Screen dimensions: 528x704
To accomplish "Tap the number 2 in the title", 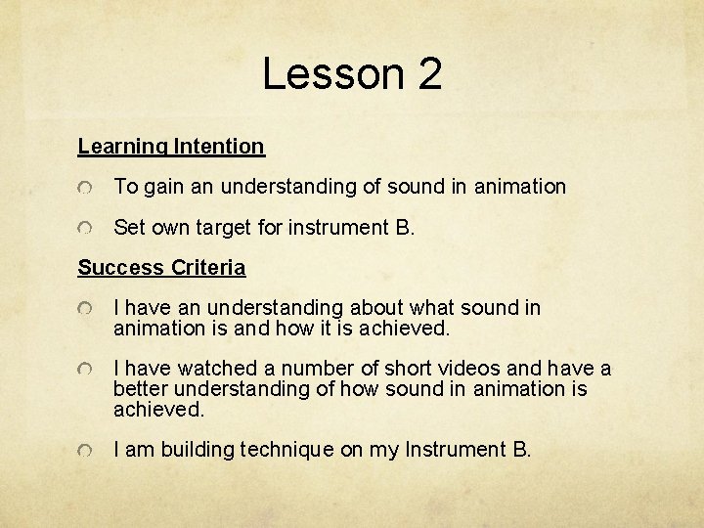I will coord(430,74).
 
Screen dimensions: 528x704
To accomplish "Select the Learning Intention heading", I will coord(171,147).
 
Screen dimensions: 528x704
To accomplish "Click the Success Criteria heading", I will coord(161,268).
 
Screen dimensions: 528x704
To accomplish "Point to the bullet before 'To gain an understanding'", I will coord(88,188).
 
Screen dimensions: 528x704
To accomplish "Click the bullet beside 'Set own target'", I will coord(88,229).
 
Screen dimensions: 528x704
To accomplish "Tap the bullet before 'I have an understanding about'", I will coord(88,309).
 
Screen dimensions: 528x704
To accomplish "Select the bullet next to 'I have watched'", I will coord(88,370).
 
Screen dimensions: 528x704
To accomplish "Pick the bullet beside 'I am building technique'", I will coord(88,451).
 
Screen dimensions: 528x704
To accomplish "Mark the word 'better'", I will coord(139,389).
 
